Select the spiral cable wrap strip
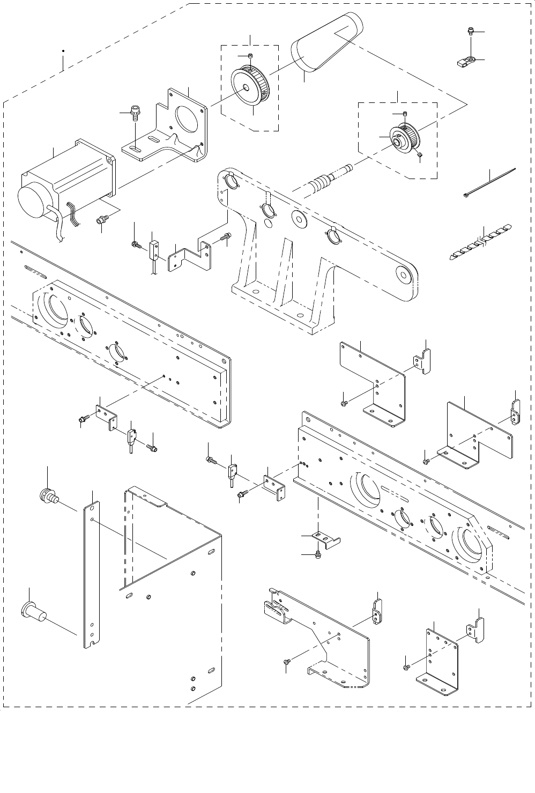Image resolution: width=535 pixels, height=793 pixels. pos(480,239)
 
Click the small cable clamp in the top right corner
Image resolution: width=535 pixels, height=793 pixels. pos(467,61)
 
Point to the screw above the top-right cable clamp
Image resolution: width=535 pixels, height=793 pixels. pos(470,32)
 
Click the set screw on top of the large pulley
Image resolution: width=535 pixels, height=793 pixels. pos(250,56)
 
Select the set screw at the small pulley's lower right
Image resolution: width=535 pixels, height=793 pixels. pos(420,155)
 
